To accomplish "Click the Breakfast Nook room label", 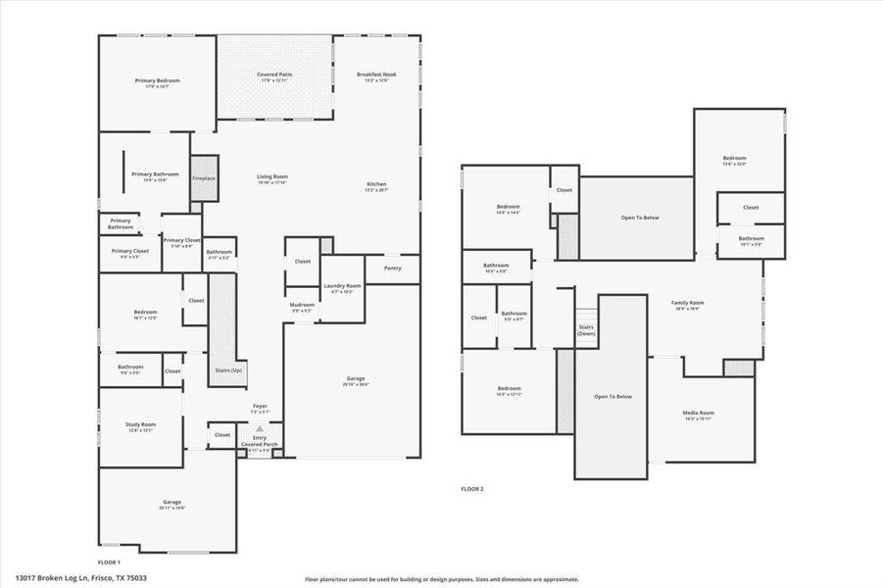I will [376, 74].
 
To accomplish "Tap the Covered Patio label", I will [274, 74].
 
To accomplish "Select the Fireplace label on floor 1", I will [204, 178].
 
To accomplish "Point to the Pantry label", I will [392, 268].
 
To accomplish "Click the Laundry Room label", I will [343, 286].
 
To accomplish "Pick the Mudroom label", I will [301, 305].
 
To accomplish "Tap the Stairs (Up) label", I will [228, 369].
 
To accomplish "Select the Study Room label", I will [140, 424].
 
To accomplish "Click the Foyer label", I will [260, 406].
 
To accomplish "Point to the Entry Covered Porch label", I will [260, 441].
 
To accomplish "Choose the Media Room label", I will [699, 413].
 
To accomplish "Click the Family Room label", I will [687, 303].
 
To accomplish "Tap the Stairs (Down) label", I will [586, 330].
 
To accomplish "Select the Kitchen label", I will [376, 184].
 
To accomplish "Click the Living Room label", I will [272, 176].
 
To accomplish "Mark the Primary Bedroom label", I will [157, 80].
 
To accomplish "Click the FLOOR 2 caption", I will [472, 488].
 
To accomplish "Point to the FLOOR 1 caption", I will [109, 562].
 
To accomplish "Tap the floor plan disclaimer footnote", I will [441, 579].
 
